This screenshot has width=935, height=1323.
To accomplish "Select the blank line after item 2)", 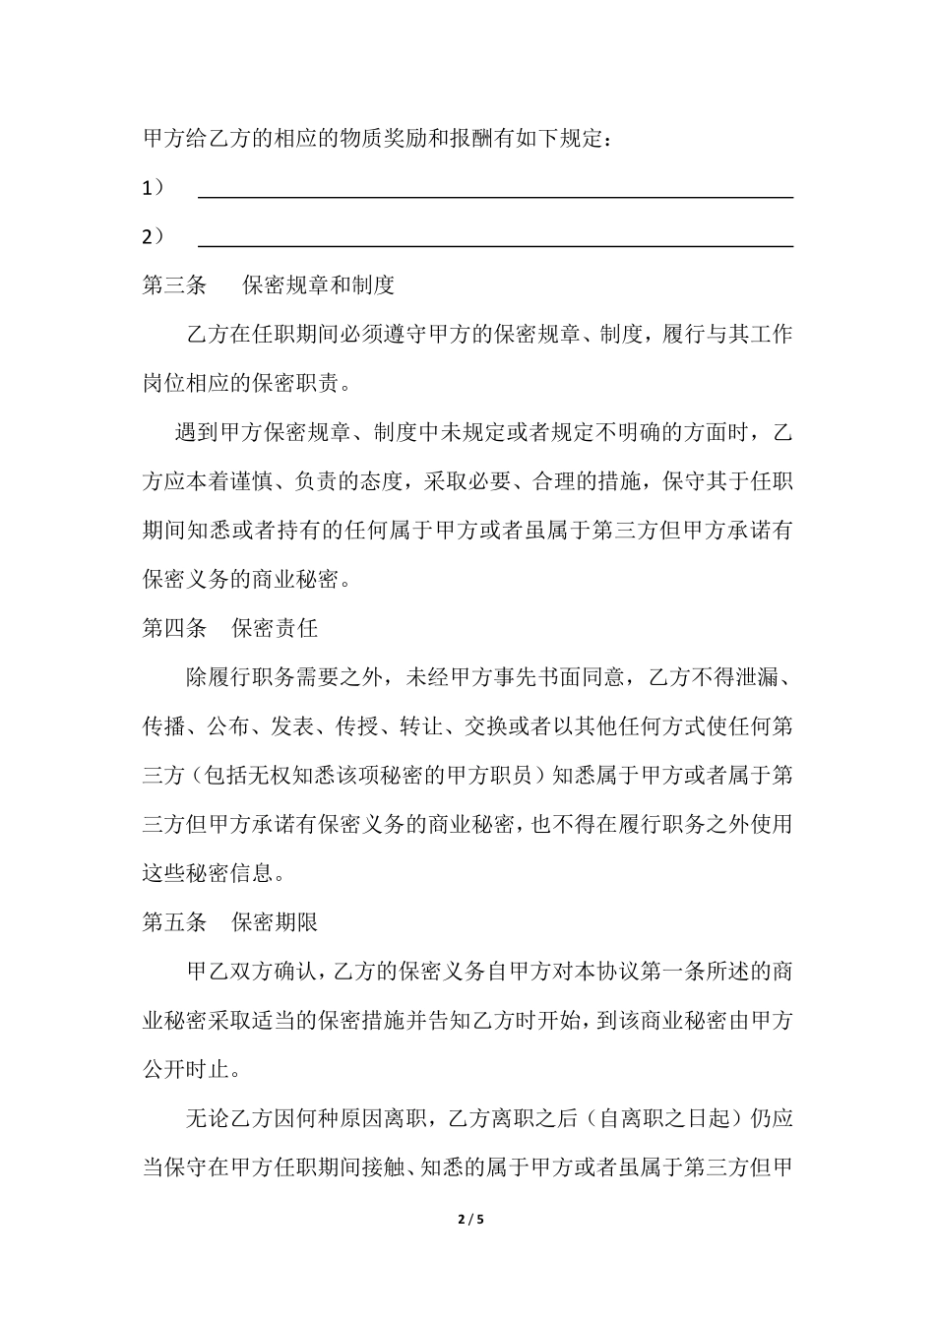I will coord(495,244).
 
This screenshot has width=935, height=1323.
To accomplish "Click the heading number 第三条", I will coord(174,285).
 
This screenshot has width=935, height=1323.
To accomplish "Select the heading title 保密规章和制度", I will coord(318,285).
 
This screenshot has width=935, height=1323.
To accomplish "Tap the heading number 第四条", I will coord(174,627).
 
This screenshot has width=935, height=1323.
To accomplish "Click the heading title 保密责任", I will coord(275,627).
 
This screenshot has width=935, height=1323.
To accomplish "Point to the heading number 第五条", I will coord(174,921).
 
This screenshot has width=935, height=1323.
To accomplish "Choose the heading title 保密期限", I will coord(275,921).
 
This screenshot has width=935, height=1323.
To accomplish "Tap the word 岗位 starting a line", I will coord(164,383).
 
